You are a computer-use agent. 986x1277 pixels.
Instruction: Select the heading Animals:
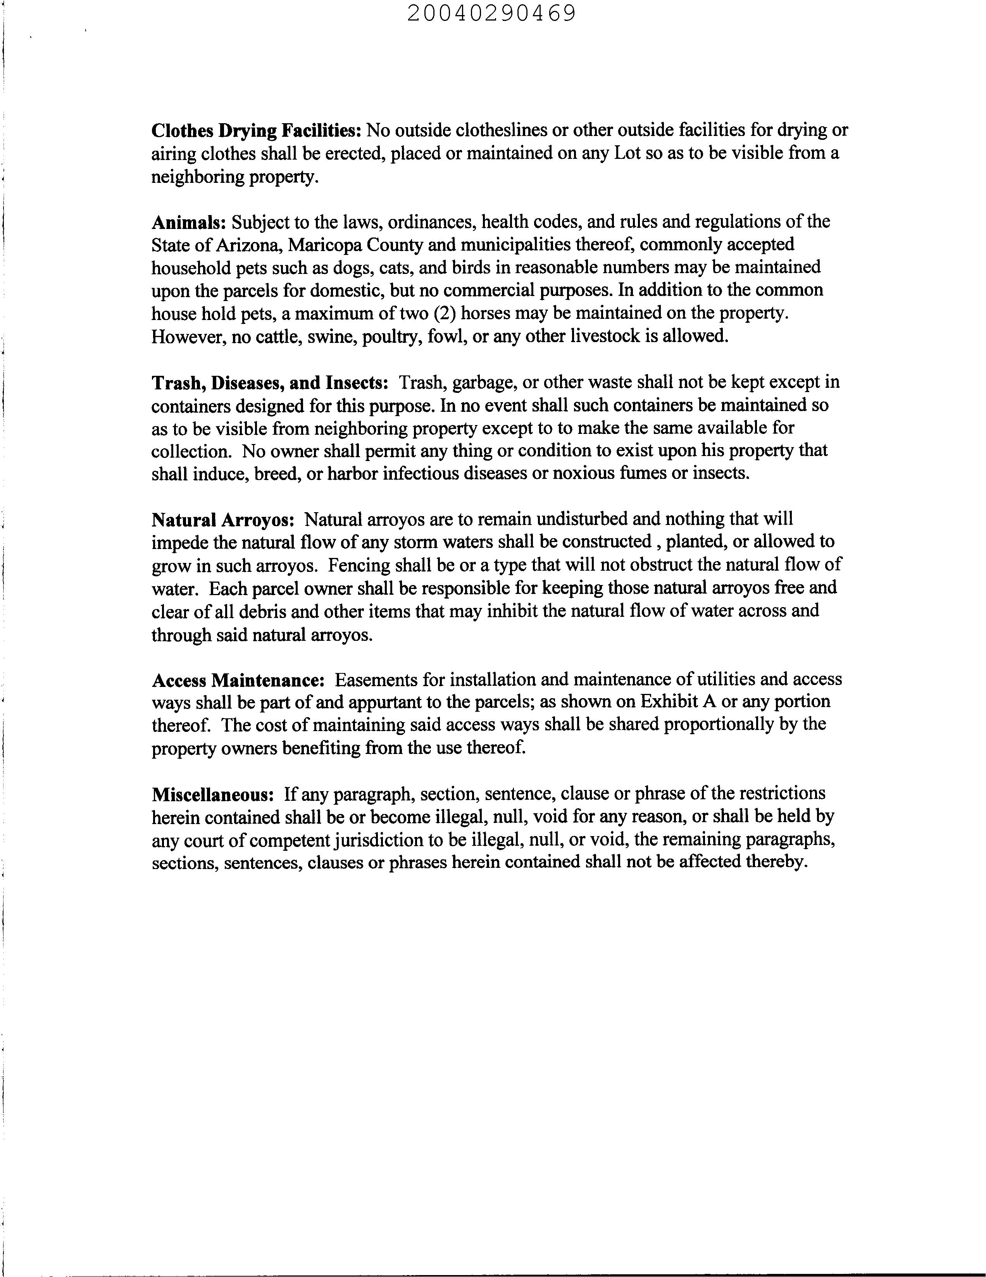pos(188,222)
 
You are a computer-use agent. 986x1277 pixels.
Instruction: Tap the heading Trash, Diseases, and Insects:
pos(270,382)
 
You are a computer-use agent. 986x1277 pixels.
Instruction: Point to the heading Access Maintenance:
pos(238,680)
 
